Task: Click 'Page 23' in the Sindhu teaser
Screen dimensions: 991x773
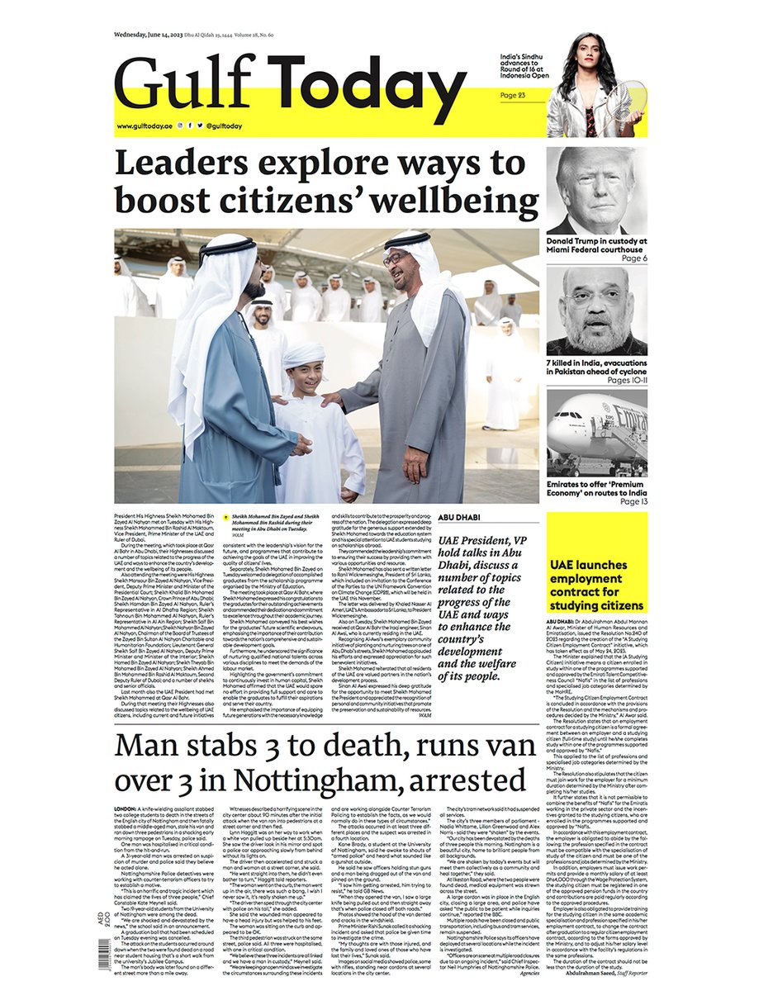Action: pyautogui.click(x=514, y=95)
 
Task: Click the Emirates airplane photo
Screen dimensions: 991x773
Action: pyautogui.click(x=596, y=433)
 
